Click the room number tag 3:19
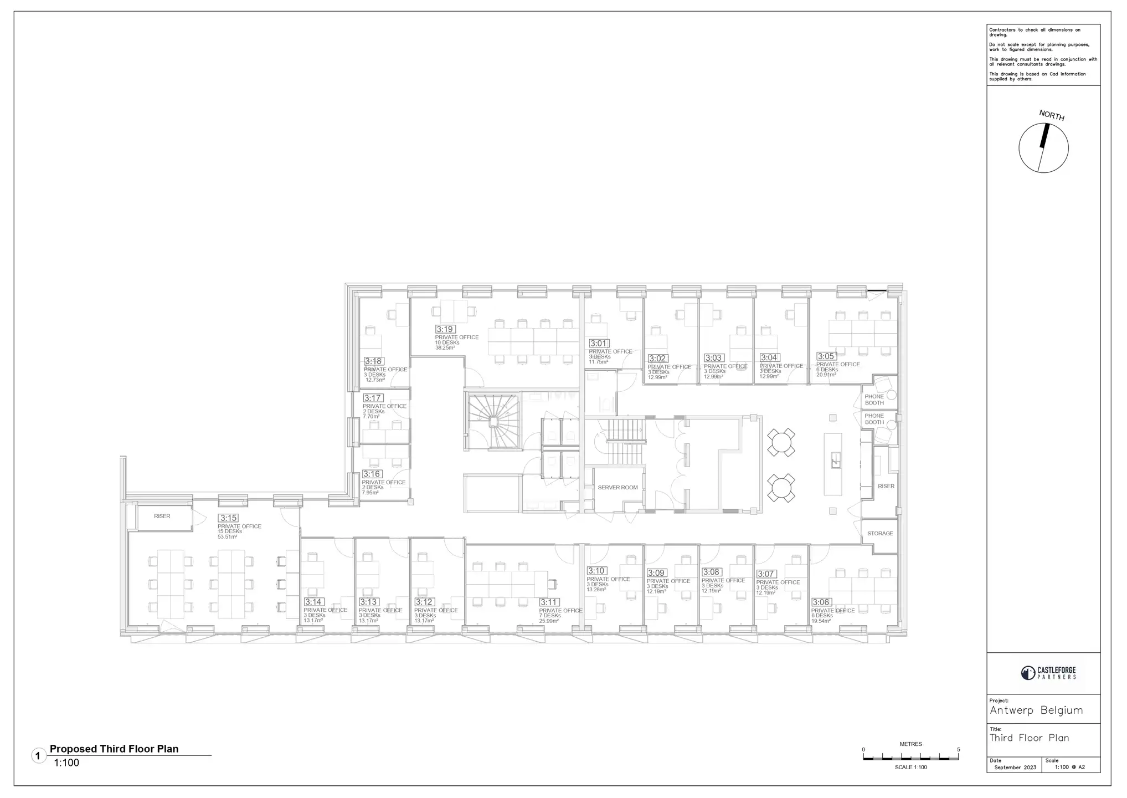tap(445, 329)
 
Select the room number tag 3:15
tap(228, 518)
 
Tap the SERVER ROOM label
tap(617, 488)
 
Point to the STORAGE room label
tap(880, 534)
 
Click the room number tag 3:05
tap(826, 356)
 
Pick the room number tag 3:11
tap(549, 602)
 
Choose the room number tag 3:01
tap(599, 344)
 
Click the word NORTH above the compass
tap(1051, 115)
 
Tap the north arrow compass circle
tap(1043, 148)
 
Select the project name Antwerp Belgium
tap(1036, 710)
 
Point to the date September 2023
tap(1015, 768)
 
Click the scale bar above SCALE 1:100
tap(910, 757)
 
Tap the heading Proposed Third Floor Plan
tap(114, 749)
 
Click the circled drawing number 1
tap(38, 756)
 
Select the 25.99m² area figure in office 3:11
tap(549, 621)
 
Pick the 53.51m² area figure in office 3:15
tap(227, 537)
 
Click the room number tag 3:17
tap(373, 398)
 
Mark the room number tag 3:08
tap(711, 572)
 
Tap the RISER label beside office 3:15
tap(162, 516)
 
